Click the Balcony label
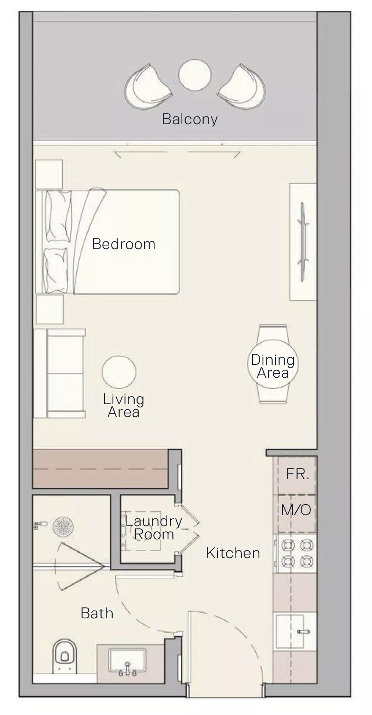click(x=190, y=119)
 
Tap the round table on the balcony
click(x=195, y=75)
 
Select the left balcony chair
click(x=148, y=87)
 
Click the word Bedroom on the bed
click(x=124, y=244)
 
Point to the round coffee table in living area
click(x=119, y=372)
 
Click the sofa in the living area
click(x=59, y=373)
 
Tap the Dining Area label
click(x=273, y=366)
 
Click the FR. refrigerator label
click(x=298, y=474)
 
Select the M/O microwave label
click(x=296, y=510)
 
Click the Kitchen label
click(x=233, y=553)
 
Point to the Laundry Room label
click(x=154, y=528)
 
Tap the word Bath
click(x=97, y=613)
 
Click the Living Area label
click(x=124, y=406)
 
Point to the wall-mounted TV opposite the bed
click(x=303, y=242)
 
